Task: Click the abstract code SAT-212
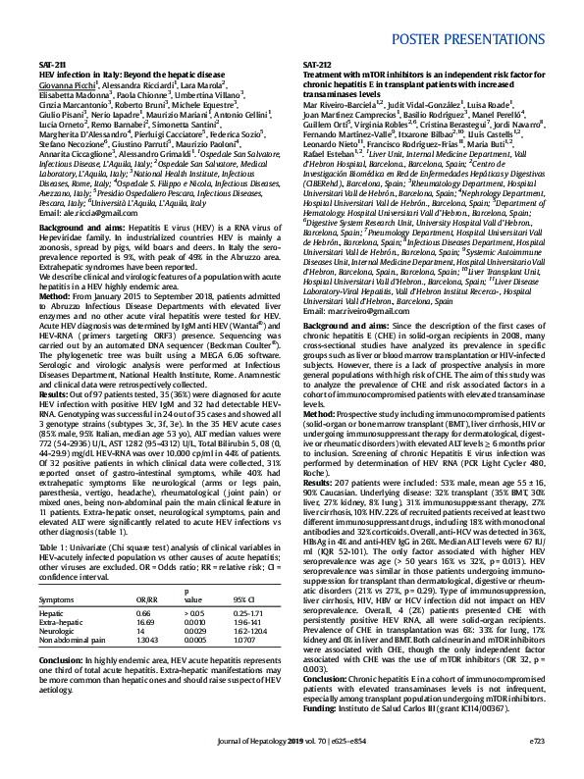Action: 317,63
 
